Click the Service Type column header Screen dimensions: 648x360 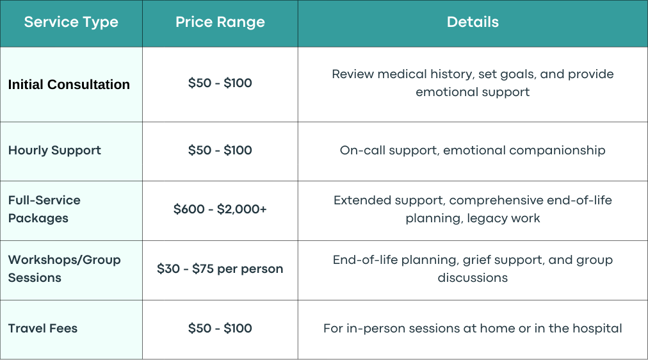(71, 22)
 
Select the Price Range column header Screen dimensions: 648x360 (220, 22)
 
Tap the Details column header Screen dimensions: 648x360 (473, 22)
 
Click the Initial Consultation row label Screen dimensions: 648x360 (69, 85)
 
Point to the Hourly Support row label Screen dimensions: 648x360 (54, 151)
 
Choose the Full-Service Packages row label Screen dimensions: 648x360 (44, 209)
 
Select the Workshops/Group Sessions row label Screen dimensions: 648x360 (64, 268)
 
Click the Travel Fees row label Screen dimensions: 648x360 (42, 328)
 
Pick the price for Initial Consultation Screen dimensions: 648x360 (220, 83)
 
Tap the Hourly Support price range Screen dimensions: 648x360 (220, 150)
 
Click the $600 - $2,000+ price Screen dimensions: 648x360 (220, 209)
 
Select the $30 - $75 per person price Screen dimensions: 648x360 (220, 268)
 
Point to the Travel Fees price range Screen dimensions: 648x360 (220, 328)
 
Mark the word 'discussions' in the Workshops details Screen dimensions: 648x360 (473, 278)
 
